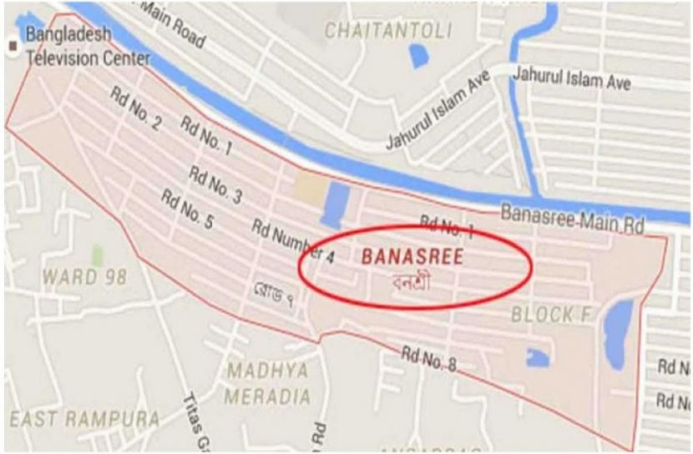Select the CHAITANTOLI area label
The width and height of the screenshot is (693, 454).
click(x=387, y=32)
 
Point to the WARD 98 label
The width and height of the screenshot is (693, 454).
click(x=85, y=275)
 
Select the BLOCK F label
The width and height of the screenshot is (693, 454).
click(x=543, y=315)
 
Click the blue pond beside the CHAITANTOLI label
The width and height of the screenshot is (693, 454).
click(x=417, y=57)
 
